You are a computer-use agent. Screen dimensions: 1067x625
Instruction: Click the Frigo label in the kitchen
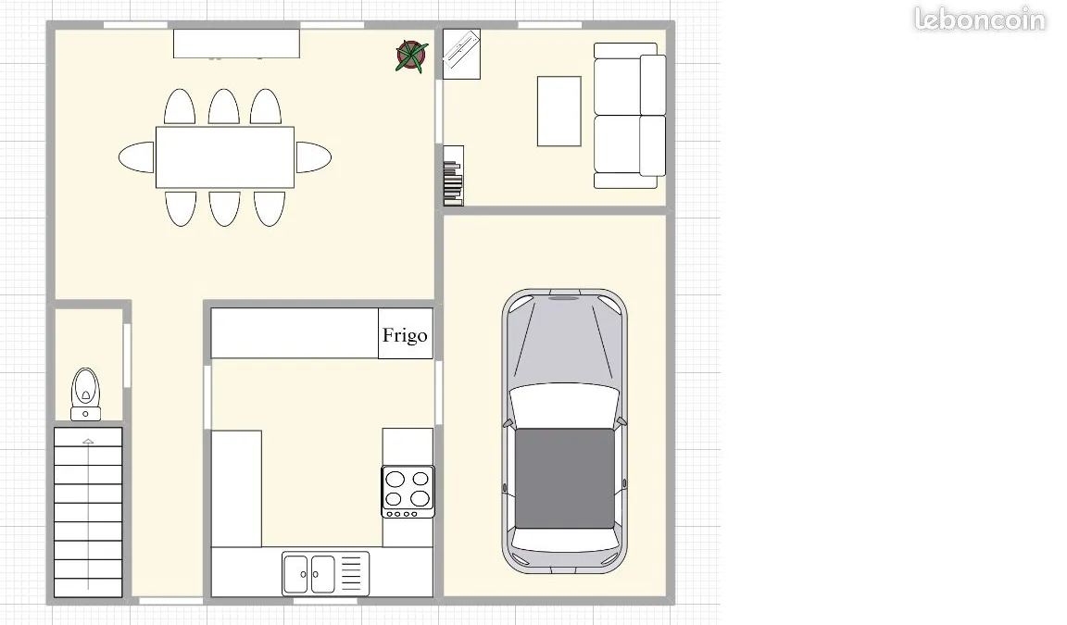(x=405, y=335)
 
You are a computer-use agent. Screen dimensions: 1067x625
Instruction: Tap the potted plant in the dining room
(x=411, y=56)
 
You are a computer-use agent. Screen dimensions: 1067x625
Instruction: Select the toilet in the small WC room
(x=86, y=394)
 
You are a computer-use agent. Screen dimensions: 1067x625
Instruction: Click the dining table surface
(x=225, y=157)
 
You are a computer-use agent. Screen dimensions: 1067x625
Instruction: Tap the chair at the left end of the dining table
(x=137, y=157)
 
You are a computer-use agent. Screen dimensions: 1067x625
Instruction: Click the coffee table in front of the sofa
(x=559, y=111)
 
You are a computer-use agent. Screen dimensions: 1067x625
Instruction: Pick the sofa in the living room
(x=630, y=116)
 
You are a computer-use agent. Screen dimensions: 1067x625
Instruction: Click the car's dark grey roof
(x=564, y=478)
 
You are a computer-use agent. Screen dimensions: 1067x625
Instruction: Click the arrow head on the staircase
(x=88, y=442)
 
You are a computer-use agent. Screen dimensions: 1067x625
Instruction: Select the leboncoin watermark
(x=980, y=19)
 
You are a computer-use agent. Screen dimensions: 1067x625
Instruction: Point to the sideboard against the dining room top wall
(x=236, y=44)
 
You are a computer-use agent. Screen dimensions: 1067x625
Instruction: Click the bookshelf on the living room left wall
(x=453, y=175)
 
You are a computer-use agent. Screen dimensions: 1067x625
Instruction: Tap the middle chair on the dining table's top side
(x=224, y=106)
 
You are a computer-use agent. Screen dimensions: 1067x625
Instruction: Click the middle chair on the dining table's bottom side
(x=224, y=208)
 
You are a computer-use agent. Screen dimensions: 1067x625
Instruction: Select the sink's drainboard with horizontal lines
(x=351, y=573)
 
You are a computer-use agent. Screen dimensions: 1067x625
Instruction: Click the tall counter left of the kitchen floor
(x=236, y=488)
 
